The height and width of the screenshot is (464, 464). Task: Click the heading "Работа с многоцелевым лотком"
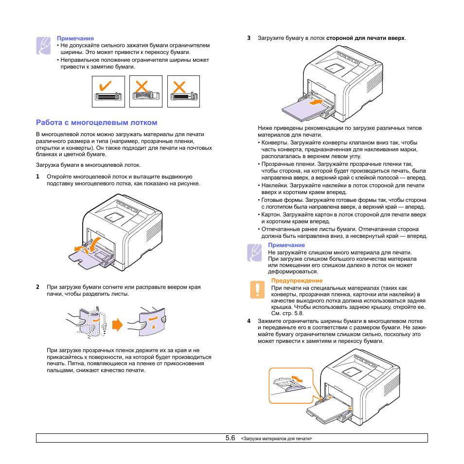(x=96, y=123)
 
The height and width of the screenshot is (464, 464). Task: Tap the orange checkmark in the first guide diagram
(x=105, y=86)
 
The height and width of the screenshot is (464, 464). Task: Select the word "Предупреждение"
(x=297, y=281)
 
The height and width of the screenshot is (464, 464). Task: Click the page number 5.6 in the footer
(x=230, y=438)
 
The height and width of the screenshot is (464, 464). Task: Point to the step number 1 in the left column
(x=37, y=177)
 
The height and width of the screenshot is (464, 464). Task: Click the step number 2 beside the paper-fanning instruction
(x=37, y=287)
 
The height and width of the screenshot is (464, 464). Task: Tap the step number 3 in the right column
(x=249, y=37)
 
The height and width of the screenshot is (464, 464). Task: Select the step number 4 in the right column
(x=249, y=321)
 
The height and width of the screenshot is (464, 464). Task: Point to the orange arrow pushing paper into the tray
(x=315, y=103)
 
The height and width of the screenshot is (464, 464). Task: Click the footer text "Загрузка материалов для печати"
(x=276, y=439)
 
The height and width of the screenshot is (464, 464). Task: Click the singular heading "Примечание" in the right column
(x=286, y=245)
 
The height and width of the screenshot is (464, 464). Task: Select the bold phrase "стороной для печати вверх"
(x=365, y=37)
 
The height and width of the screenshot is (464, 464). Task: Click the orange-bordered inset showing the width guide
(x=291, y=385)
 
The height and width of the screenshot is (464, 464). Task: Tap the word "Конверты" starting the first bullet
(x=274, y=143)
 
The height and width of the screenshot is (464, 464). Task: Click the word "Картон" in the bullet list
(x=271, y=214)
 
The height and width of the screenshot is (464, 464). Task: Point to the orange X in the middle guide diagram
(x=142, y=87)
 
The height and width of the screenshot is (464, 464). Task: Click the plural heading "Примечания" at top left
(x=75, y=38)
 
